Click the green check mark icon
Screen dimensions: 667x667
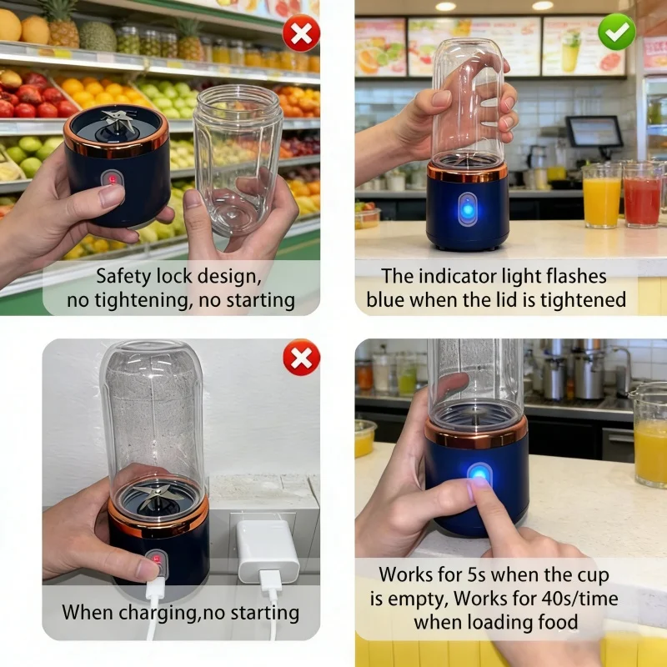(x=616, y=32)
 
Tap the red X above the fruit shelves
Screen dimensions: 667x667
(x=301, y=33)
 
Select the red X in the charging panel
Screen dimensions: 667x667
(x=302, y=358)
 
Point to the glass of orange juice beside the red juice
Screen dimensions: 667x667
(x=601, y=196)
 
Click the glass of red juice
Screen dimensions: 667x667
(x=642, y=195)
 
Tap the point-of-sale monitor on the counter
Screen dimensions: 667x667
(x=594, y=132)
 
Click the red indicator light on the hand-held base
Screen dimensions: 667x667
(x=113, y=179)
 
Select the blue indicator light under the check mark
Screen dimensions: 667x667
(x=468, y=209)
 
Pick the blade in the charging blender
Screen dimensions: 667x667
(x=155, y=495)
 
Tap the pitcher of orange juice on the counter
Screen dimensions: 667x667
(x=649, y=434)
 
